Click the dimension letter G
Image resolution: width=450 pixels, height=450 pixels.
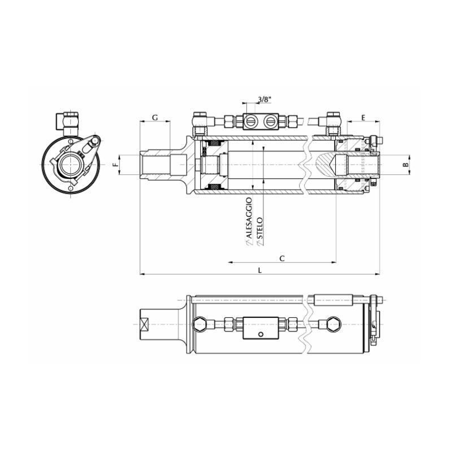tap(155, 118)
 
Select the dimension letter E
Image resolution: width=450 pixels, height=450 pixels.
tap(363, 118)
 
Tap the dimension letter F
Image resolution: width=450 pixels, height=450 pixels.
tap(115, 165)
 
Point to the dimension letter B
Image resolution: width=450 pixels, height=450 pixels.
tap(406, 165)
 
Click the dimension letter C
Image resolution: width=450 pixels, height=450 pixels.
tap(282, 259)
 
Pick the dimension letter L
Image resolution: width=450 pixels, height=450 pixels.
tap(260, 271)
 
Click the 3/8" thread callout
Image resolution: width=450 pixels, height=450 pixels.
tap(264, 100)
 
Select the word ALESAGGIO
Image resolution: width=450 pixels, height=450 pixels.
tap(249, 218)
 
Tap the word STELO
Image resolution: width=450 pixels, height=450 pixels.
tap(259, 228)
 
